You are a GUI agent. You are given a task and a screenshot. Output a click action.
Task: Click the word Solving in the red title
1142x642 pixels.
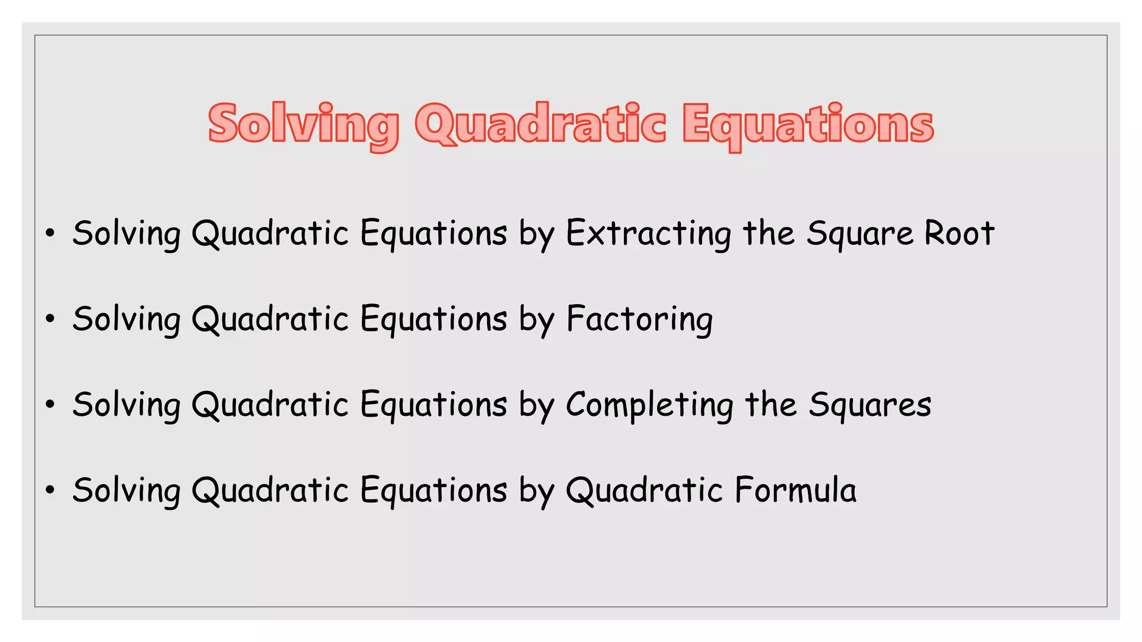[x=303, y=124]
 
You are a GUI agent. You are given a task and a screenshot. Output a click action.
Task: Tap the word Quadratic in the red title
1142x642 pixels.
[x=540, y=124]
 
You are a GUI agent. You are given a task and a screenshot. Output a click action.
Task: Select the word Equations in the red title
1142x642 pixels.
[x=808, y=124]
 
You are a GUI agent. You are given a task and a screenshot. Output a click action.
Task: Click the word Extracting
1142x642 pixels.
[x=649, y=234]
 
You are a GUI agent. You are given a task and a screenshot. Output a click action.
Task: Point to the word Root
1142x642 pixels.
[x=959, y=234]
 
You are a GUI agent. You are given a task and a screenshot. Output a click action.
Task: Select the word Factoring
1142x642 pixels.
[x=640, y=320]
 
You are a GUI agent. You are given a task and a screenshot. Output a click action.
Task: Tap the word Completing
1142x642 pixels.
[x=650, y=405]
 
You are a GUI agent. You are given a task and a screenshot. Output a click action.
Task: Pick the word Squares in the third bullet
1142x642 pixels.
[x=870, y=405]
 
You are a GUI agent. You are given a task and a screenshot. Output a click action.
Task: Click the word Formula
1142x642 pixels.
[x=795, y=490]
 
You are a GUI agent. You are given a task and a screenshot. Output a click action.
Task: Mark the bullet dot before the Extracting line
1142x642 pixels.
[x=50, y=234]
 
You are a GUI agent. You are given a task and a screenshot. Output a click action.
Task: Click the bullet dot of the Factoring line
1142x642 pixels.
[x=50, y=319]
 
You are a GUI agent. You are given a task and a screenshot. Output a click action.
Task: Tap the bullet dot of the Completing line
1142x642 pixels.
[x=50, y=405]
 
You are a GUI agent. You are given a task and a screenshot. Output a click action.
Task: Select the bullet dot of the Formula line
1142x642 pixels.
[x=50, y=490]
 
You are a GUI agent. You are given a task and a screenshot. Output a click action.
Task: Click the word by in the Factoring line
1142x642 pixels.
[x=536, y=320]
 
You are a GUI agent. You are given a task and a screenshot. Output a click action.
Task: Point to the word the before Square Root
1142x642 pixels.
[x=769, y=234]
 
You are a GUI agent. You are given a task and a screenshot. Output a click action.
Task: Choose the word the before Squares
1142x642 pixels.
[x=771, y=405]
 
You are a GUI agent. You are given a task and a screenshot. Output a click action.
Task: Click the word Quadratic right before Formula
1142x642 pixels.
[x=645, y=491]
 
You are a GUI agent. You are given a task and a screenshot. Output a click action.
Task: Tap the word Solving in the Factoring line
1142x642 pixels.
[x=127, y=320]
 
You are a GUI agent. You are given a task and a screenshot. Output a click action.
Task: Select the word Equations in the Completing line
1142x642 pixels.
[x=434, y=405]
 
